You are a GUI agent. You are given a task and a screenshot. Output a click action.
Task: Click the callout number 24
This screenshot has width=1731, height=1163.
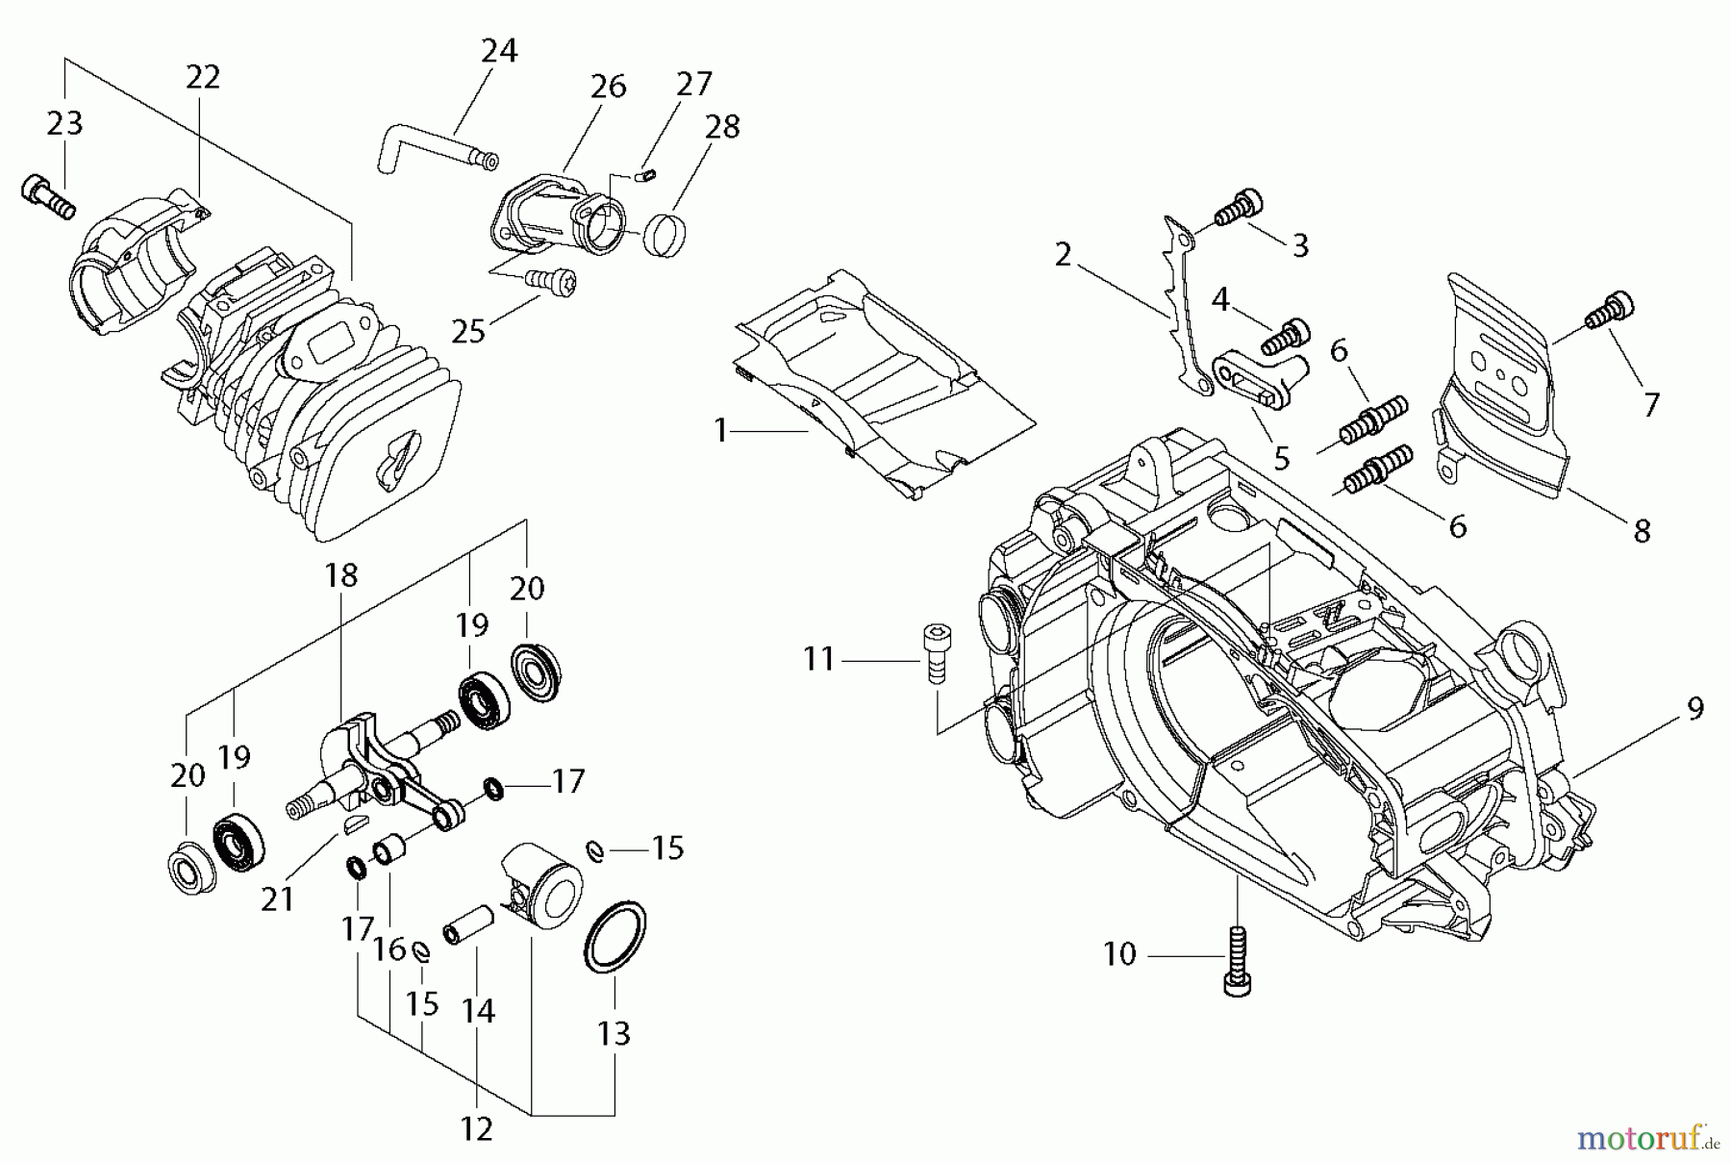click(x=499, y=51)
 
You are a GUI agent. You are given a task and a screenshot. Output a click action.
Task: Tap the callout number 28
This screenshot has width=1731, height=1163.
click(x=722, y=126)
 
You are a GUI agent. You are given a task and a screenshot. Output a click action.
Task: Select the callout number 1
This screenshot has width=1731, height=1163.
click(x=721, y=430)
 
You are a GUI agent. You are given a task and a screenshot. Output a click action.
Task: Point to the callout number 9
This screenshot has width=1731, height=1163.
click(x=1694, y=709)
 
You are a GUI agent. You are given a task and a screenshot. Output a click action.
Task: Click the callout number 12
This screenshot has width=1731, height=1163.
click(x=477, y=1128)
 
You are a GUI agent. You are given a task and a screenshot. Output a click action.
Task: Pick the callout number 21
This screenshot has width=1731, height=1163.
click(x=278, y=898)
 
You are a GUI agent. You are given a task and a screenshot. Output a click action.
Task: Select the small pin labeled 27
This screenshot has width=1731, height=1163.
click(x=646, y=175)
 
